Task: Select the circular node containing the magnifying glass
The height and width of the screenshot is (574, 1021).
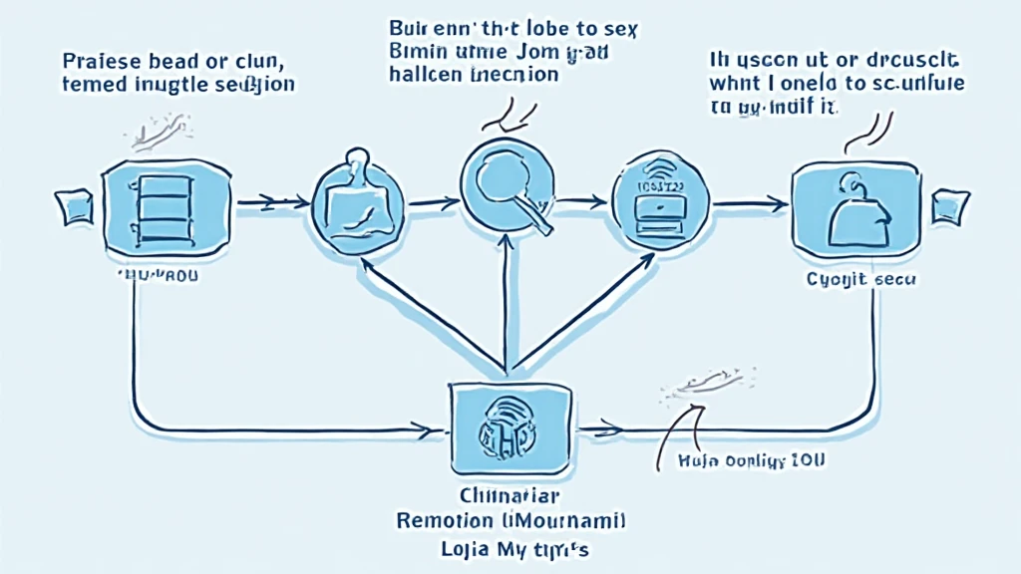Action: [x=509, y=185]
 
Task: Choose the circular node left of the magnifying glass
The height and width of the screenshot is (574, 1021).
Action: [x=356, y=206]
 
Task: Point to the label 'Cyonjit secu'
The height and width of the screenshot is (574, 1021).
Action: [x=860, y=280]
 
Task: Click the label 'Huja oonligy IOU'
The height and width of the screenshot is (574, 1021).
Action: [x=743, y=460]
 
